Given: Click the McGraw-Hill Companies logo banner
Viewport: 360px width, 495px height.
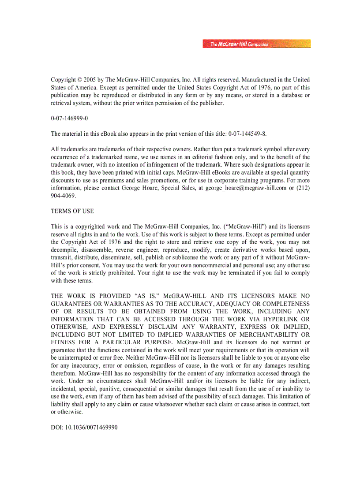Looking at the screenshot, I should pyautogui.click(x=257, y=44).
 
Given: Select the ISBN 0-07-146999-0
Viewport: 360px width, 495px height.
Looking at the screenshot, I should pyautogui.click(x=69, y=119).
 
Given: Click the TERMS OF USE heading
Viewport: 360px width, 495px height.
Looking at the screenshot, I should pyautogui.click(x=72, y=211).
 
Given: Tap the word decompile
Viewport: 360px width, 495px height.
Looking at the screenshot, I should pyautogui.click(x=65, y=249).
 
